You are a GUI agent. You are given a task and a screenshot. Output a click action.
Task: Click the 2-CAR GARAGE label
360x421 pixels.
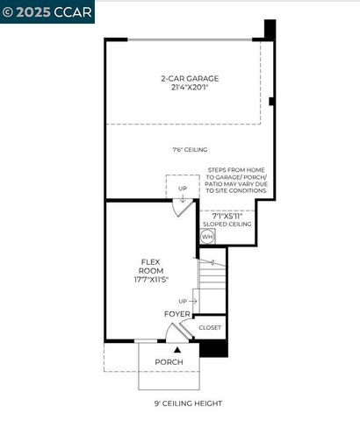click(x=190, y=78)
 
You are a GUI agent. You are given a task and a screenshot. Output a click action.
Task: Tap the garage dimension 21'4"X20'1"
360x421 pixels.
click(x=190, y=88)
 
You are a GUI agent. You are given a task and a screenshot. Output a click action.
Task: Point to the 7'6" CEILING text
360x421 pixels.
click(x=190, y=150)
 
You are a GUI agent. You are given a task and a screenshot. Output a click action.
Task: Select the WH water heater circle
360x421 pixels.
click(x=207, y=237)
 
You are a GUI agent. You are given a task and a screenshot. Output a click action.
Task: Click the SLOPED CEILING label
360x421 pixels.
click(x=227, y=225)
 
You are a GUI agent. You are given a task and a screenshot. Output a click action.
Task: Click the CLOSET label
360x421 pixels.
click(x=210, y=327)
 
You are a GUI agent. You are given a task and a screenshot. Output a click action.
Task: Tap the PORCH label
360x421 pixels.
click(x=169, y=362)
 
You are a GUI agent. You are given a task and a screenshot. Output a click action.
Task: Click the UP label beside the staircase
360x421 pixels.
click(x=182, y=302)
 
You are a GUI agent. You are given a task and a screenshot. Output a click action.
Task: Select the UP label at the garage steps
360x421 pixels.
click(x=182, y=188)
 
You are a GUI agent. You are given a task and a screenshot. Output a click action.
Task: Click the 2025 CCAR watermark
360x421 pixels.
click(x=35, y=11)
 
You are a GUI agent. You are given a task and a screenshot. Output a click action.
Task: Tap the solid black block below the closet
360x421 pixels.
click(x=213, y=348)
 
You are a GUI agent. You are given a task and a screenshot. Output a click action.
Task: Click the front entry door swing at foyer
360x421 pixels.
click(x=182, y=332)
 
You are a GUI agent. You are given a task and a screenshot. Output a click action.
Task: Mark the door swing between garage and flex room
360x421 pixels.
click(x=181, y=209)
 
